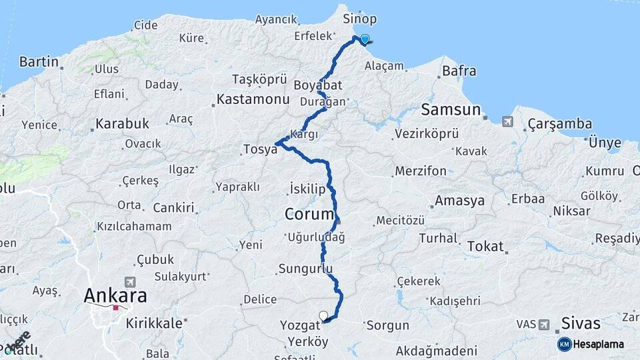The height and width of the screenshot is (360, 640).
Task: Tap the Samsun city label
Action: click(x=451, y=109)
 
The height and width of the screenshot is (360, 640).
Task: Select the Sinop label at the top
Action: click(x=359, y=19)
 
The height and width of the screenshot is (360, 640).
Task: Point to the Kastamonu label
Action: click(x=251, y=100)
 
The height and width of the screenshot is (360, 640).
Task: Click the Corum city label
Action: click(x=309, y=215)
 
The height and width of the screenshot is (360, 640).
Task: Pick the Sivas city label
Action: click(x=581, y=324)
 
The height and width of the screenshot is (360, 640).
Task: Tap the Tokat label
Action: click(x=485, y=246)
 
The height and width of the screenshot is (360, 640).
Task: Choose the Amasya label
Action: click(x=459, y=201)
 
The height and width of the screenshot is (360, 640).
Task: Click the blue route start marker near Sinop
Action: click(x=365, y=39)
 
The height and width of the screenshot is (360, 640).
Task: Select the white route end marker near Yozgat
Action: click(x=323, y=315)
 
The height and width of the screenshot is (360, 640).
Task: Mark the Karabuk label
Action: click(x=122, y=124)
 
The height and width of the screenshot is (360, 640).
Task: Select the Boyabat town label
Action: click(x=318, y=85)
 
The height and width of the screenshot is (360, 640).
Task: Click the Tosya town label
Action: click(x=259, y=151)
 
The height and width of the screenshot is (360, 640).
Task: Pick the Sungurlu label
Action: click(x=305, y=269)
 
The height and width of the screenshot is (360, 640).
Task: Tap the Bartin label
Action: click(x=39, y=62)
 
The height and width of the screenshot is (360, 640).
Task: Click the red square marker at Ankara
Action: click(x=116, y=308)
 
